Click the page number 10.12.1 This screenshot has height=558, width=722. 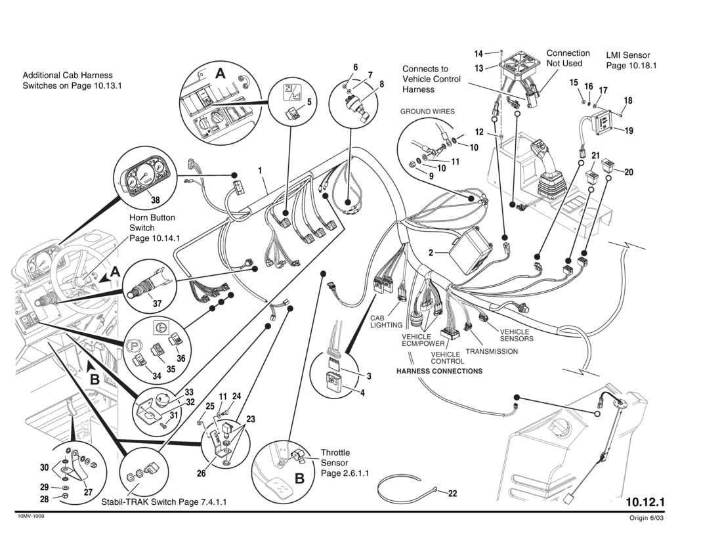645,502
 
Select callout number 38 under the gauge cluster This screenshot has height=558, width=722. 156,200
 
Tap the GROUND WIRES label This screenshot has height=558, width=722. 427,112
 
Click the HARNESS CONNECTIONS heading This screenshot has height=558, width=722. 439,371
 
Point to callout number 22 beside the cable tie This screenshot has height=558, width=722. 452,494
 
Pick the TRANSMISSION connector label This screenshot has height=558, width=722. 492,351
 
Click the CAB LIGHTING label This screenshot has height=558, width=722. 386,322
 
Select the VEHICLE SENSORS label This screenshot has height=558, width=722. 517,335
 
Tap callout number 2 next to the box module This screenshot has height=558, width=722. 431,252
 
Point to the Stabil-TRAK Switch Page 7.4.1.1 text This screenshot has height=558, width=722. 163,502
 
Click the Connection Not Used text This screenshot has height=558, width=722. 568,58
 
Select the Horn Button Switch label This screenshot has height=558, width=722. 154,228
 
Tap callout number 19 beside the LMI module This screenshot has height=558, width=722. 629,131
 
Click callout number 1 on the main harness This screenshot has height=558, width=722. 260,170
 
